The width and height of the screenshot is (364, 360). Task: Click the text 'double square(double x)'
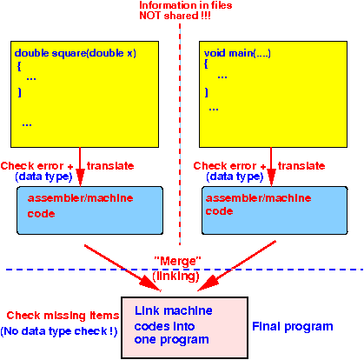pyautogui.click(x=76, y=53)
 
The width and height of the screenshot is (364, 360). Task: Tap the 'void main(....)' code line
pyautogui.click(x=237, y=53)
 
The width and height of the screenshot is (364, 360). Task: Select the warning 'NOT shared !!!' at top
pyautogui.click(x=175, y=16)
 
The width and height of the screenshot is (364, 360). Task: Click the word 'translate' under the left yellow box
pyautogui.click(x=110, y=166)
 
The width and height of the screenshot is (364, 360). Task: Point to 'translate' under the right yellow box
pyautogui.click(x=301, y=166)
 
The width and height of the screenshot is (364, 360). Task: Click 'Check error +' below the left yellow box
pyautogui.click(x=36, y=166)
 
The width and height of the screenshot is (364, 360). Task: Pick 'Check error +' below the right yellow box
pyautogui.click(x=229, y=166)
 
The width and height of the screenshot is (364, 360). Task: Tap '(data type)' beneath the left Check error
pyautogui.click(x=43, y=177)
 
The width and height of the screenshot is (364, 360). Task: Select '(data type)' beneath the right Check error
pyautogui.click(x=235, y=177)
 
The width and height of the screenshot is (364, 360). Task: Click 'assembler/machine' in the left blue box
pyautogui.click(x=81, y=198)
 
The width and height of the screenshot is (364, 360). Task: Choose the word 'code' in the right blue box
pyautogui.click(x=219, y=211)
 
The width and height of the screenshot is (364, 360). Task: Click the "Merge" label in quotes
pyautogui.click(x=177, y=261)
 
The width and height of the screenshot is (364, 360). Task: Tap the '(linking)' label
pyautogui.click(x=176, y=276)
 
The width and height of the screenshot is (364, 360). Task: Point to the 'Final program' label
pyautogui.click(x=293, y=327)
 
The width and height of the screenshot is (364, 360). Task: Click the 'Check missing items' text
pyautogui.click(x=63, y=316)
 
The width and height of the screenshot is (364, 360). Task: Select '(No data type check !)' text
pyautogui.click(x=59, y=331)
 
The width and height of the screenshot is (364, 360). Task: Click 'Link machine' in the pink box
pyautogui.click(x=174, y=310)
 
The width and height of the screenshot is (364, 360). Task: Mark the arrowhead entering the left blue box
pyautogui.click(x=80, y=178)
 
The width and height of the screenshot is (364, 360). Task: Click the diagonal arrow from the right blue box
pyautogui.click(x=236, y=266)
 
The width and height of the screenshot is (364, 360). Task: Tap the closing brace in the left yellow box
pyautogui.click(x=20, y=92)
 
